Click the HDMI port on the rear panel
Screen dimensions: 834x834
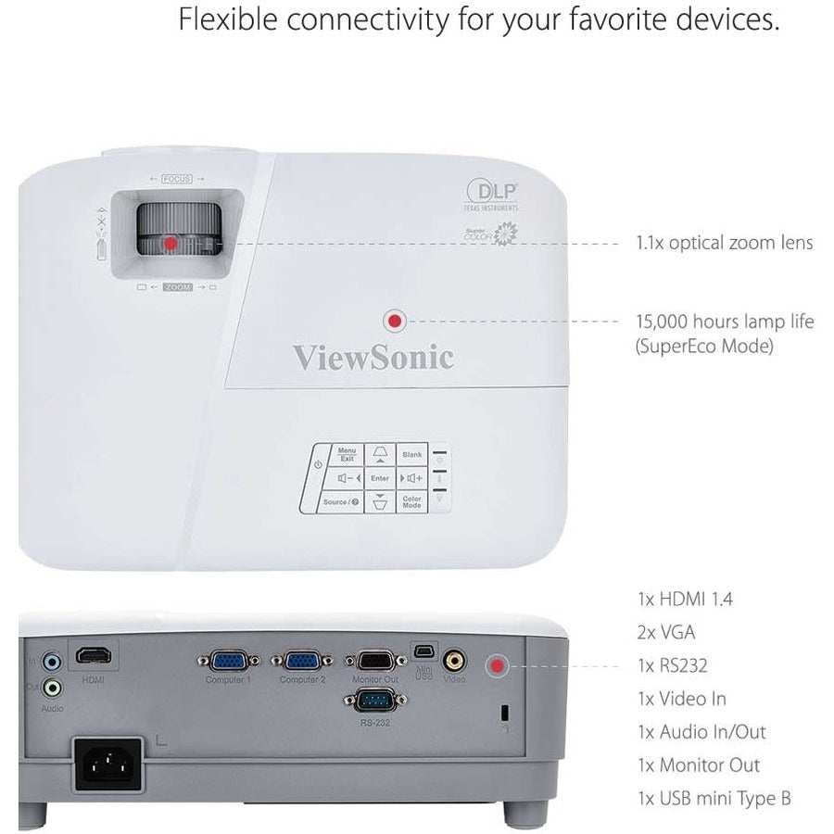[x=94, y=656]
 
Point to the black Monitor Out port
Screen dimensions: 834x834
[x=376, y=661]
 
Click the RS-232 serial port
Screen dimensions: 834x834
[x=376, y=701]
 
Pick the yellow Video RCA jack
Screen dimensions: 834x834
[x=454, y=661]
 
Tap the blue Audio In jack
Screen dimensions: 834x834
[x=54, y=662]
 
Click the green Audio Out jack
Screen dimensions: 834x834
[x=54, y=688]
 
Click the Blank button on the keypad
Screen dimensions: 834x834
[x=412, y=455]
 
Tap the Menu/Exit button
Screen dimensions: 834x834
[x=347, y=455]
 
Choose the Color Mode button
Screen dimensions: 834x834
[x=412, y=501]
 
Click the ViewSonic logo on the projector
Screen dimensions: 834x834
[x=373, y=357]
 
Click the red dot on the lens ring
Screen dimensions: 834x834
[x=171, y=243]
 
